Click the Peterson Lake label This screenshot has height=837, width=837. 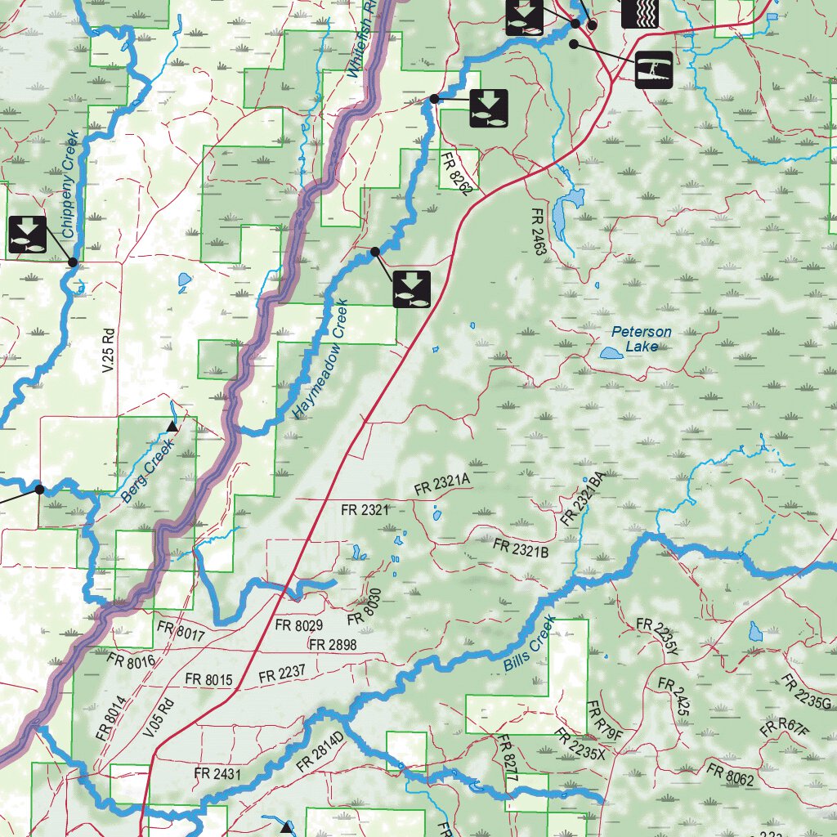click(x=642, y=339)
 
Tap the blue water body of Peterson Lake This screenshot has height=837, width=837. click(x=610, y=353)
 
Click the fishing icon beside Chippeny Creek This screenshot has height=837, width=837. click(x=28, y=235)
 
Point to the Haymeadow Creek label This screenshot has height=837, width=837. click(x=320, y=360)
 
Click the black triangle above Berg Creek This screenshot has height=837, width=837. click(x=172, y=427)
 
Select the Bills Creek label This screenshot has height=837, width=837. click(x=530, y=644)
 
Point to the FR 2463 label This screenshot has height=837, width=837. click(x=538, y=231)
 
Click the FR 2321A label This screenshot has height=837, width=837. click(x=442, y=486)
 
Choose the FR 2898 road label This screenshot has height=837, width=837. click(x=332, y=645)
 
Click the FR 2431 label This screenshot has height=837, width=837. click(x=217, y=773)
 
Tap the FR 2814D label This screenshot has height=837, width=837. click(x=321, y=754)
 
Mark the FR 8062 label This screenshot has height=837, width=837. click(x=730, y=775)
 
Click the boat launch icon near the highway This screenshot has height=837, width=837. click(x=654, y=69)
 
